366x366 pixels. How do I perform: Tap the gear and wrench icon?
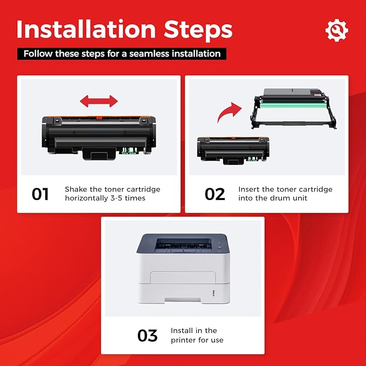tap(337, 31)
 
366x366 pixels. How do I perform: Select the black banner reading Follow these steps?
tap(122, 54)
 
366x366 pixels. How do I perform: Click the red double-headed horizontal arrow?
tap(99, 101)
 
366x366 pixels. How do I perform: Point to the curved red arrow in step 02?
tap(229, 112)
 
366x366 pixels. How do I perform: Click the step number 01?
tap(40, 194)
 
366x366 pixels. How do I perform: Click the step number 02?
tap(215, 194)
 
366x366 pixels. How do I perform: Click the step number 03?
tap(147, 335)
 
